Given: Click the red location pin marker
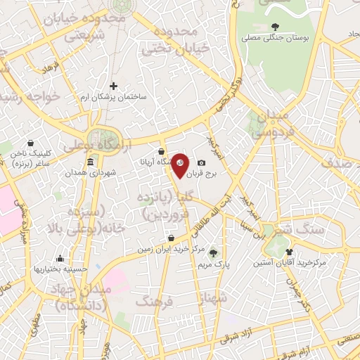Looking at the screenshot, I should pyautogui.click(x=180, y=165).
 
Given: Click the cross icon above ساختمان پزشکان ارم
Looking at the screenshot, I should pyautogui.click(x=113, y=86).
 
